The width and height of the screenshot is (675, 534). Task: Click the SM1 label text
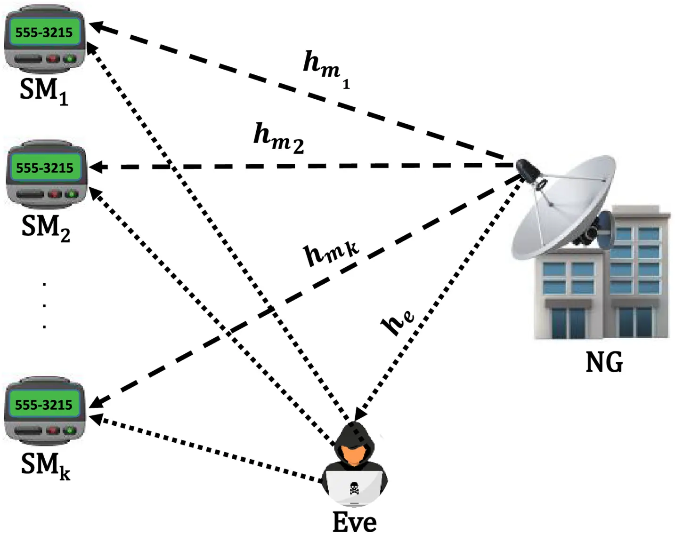click(x=44, y=91)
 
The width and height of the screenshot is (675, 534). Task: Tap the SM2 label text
click(x=46, y=228)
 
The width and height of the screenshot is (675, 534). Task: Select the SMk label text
click(x=45, y=465)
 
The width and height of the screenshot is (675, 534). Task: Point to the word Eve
click(x=354, y=522)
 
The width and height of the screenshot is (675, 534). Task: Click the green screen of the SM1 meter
click(x=44, y=32)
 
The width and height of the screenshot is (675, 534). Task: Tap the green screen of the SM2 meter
click(x=45, y=168)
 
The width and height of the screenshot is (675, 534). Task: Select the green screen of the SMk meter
click(x=44, y=405)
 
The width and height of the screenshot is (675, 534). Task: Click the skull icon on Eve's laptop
click(x=354, y=488)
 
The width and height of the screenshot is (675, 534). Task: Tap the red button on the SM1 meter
click(x=53, y=59)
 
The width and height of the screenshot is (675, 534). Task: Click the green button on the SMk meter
click(x=70, y=430)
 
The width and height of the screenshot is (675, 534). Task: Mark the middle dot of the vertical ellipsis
click(x=44, y=305)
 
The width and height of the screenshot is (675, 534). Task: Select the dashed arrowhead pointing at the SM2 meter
click(x=96, y=167)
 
